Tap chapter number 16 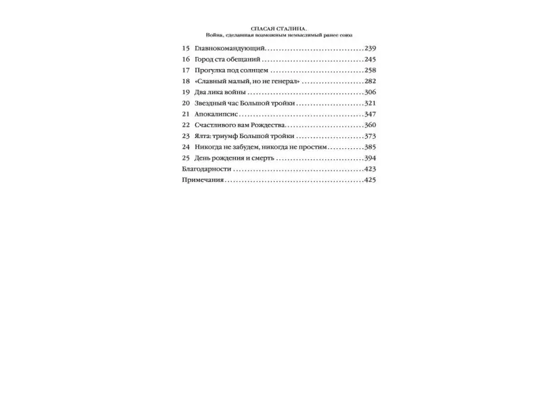[x=186, y=60]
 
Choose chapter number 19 [x=186, y=92]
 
